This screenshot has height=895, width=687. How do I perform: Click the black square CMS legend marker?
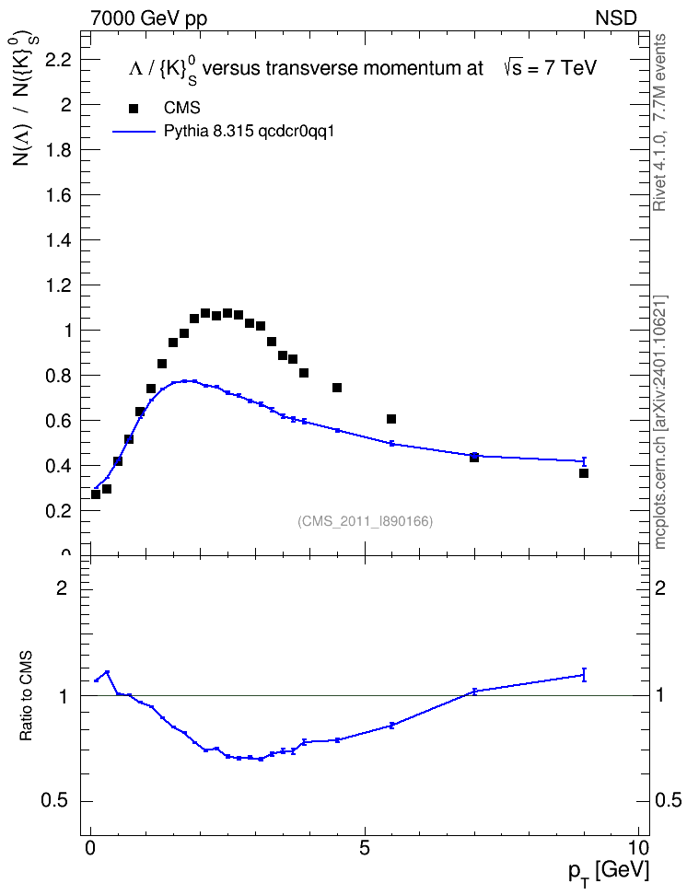(134, 109)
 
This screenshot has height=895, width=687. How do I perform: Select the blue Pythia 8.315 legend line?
(134, 132)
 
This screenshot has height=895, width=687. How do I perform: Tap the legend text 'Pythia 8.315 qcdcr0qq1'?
(249, 132)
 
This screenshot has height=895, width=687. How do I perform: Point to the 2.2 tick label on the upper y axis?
(58, 59)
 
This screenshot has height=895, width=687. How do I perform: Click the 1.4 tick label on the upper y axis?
(58, 240)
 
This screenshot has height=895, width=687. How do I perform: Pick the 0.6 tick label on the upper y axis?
(58, 421)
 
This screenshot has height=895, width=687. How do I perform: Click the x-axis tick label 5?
(365, 848)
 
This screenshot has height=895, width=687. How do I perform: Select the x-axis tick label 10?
(638, 848)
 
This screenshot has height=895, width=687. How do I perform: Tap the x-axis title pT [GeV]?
(609, 873)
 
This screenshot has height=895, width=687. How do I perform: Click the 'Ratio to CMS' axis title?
(27, 695)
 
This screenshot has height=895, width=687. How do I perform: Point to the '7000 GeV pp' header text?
(148, 18)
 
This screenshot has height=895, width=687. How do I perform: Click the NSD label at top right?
(616, 18)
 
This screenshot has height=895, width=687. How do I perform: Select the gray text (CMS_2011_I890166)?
(365, 521)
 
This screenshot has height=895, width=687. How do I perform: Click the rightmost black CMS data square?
(584, 473)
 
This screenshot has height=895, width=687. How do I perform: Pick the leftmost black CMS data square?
(96, 494)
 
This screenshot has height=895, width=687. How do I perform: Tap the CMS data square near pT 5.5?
(391, 419)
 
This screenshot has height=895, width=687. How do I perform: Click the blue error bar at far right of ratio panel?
(584, 675)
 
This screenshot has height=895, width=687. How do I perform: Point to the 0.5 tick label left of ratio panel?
(55, 801)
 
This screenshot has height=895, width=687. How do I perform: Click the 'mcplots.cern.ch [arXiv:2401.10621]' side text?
(660, 423)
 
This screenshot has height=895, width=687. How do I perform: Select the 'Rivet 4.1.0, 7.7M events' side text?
(660, 122)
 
